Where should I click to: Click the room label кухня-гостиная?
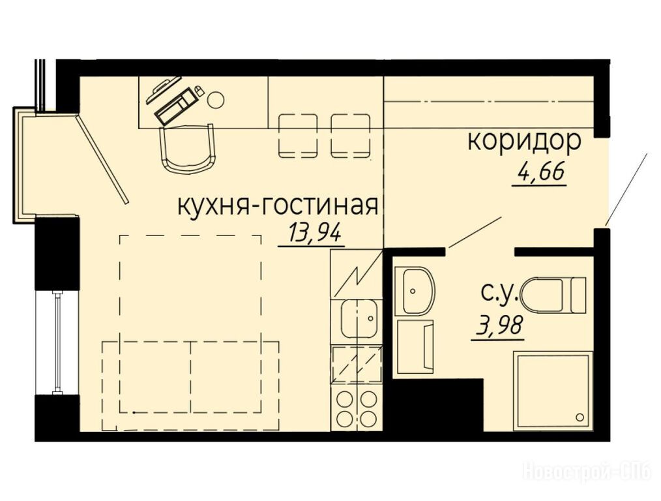point(278,206)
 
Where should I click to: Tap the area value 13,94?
point(314,232)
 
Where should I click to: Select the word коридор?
point(524,143)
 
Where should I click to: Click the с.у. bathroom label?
point(499,292)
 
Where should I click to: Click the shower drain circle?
point(580,417)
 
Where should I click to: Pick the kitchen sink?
point(359,318)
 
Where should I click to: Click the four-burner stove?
point(357,408)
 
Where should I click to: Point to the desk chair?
point(188,149)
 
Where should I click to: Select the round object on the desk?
point(216,100)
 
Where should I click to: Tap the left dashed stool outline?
point(298,136)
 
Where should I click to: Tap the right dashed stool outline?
point(351,136)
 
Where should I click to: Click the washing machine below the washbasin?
point(416,346)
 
